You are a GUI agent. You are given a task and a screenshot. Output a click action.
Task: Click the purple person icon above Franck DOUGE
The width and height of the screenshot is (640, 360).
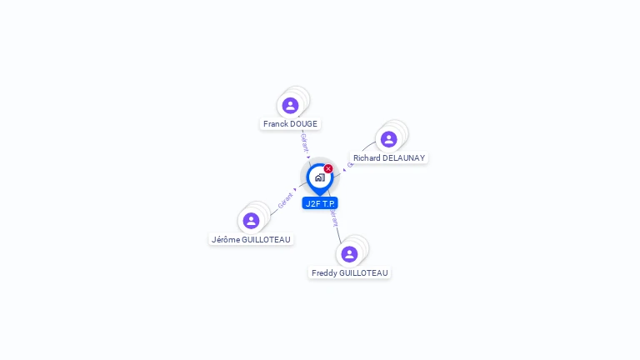tap(290, 105)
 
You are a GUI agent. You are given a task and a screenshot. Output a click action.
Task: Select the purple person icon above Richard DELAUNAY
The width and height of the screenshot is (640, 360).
tap(388, 139)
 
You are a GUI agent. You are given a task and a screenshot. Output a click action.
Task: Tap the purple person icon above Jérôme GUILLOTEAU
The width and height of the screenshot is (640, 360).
tap(251, 221)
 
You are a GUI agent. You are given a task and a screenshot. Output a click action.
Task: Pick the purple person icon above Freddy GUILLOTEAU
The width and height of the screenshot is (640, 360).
tap(349, 253)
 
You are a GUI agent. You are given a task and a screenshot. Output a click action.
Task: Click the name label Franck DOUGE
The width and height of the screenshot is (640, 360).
tap(290, 124)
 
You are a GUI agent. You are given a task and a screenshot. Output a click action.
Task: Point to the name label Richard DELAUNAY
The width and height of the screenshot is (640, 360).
tap(388, 158)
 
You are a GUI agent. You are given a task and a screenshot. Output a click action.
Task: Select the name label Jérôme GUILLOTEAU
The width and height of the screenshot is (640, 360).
tap(251, 240)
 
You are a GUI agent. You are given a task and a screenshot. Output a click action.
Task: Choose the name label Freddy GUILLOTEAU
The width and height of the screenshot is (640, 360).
tap(349, 273)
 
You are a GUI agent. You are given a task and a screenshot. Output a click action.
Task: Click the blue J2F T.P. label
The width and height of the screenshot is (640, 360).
tap(320, 203)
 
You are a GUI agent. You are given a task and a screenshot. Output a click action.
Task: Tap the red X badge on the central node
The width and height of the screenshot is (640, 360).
tap(328, 168)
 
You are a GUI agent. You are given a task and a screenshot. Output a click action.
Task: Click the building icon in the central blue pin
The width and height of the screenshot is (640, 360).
tap(319, 177)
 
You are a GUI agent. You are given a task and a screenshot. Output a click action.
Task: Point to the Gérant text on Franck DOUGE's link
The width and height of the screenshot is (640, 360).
tap(305, 142)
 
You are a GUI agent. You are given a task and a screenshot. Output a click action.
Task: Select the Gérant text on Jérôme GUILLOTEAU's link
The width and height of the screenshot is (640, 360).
tap(285, 200)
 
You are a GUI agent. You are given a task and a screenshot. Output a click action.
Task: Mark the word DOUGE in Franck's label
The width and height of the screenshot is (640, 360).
tap(303, 124)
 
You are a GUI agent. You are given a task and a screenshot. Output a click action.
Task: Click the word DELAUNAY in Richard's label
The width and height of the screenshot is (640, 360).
tap(403, 158)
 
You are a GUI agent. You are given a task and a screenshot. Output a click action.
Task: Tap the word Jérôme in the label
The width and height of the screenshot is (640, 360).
tap(226, 240)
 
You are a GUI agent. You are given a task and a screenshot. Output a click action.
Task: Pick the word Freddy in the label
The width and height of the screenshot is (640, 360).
tap(324, 273)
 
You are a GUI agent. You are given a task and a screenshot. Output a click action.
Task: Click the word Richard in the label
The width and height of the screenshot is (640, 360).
tap(367, 158)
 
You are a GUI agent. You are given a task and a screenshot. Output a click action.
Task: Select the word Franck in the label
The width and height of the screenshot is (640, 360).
tap(276, 124)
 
